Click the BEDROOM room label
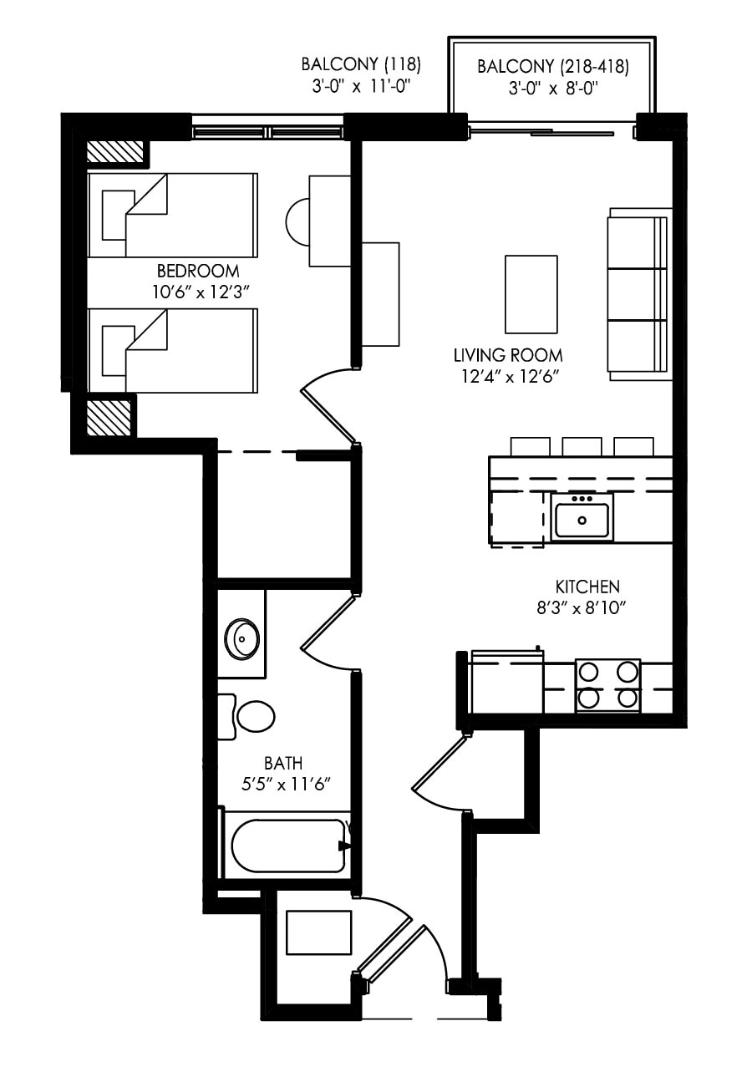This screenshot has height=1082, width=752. click(x=198, y=271)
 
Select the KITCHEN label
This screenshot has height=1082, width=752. click(x=587, y=587)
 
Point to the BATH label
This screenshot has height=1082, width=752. click(x=283, y=763)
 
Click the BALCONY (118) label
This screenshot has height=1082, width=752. click(x=361, y=64)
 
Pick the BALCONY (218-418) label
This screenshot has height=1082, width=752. click(x=552, y=67)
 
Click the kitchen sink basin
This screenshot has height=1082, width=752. click(x=582, y=520)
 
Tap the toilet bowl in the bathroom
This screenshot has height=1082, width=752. click(x=256, y=716)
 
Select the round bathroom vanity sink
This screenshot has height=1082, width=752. click(x=242, y=640)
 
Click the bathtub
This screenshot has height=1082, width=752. click(x=287, y=846)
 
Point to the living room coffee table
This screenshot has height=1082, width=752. click(x=531, y=294)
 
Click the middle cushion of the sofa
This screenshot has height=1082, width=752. click(x=636, y=293)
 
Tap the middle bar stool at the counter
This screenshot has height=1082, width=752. click(x=582, y=446)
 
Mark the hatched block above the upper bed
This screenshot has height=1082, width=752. click(x=115, y=152)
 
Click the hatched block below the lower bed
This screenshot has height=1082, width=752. click(x=109, y=417)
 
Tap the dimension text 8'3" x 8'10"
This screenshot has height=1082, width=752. click(x=582, y=608)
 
